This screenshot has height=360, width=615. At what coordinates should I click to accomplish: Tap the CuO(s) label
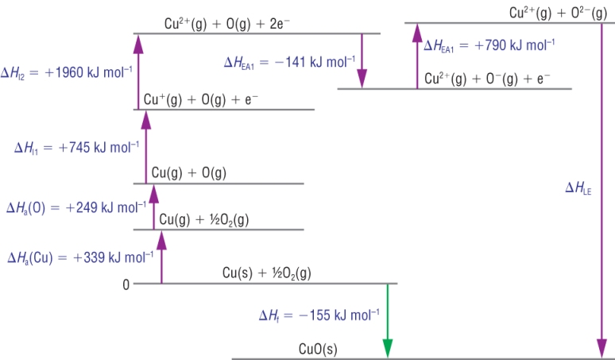(317, 348)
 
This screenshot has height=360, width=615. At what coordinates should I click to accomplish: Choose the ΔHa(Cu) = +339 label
(79, 257)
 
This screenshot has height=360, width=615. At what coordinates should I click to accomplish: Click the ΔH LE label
(578, 188)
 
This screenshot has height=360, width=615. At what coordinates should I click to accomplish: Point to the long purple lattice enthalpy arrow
(600, 191)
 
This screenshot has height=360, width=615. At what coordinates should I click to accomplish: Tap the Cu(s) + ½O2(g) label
(266, 273)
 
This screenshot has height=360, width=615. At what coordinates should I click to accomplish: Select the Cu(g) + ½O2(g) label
(204, 219)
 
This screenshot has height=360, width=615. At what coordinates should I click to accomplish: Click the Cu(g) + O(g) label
(188, 173)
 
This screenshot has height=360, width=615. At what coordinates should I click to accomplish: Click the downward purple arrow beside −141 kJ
(362, 60)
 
